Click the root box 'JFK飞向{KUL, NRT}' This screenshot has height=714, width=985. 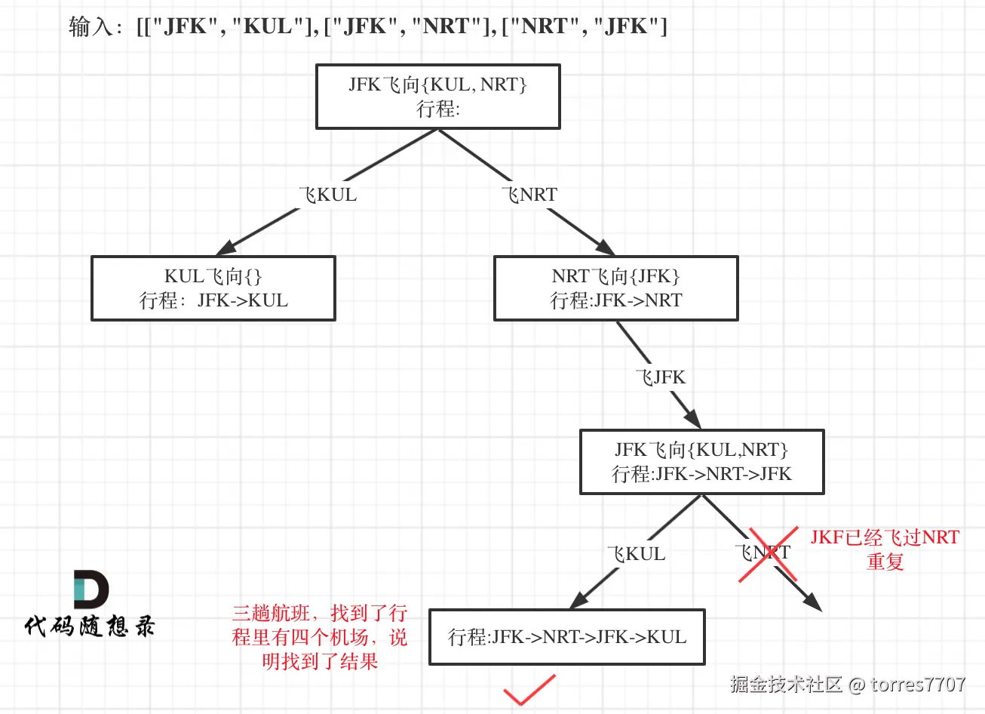[x=437, y=97]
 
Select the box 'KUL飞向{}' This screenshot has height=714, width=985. [x=213, y=288]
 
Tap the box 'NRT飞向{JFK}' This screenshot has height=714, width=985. [x=615, y=288]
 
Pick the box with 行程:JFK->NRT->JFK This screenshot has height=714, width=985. [x=701, y=462]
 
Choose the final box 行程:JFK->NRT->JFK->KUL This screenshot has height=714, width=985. [x=567, y=637]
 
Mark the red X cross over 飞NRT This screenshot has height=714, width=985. [x=768, y=555]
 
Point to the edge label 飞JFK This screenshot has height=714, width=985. [x=661, y=377]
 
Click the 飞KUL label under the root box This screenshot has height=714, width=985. [x=328, y=195]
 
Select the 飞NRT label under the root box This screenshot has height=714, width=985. [x=529, y=195]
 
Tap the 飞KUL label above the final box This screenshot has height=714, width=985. [x=637, y=554]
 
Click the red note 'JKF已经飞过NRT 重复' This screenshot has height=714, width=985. [x=885, y=549]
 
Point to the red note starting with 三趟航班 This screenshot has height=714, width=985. [x=320, y=637]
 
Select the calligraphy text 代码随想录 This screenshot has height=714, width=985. [x=90, y=626]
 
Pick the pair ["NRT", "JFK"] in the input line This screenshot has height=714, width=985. [x=585, y=26]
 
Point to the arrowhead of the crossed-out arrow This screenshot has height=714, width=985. [x=813, y=602]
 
